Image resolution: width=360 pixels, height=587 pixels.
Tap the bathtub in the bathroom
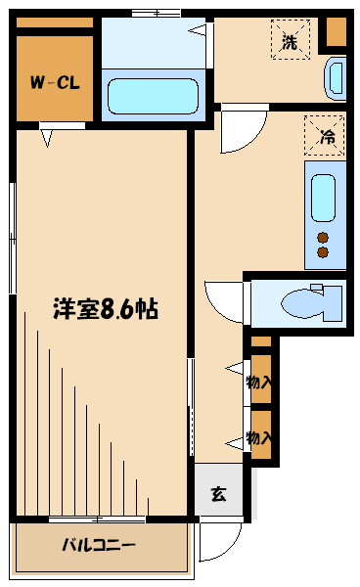[153, 96]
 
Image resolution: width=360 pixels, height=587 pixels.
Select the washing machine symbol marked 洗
[290, 41]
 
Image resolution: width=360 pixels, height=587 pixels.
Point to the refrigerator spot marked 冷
[324, 135]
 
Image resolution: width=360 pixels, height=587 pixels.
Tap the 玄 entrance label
[218, 493]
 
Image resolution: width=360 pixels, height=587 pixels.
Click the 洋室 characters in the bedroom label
[72, 309]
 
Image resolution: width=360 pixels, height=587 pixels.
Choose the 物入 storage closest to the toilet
[260, 382]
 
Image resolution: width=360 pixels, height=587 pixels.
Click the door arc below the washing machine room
[241, 131]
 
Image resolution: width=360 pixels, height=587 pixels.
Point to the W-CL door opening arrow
[46, 138]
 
